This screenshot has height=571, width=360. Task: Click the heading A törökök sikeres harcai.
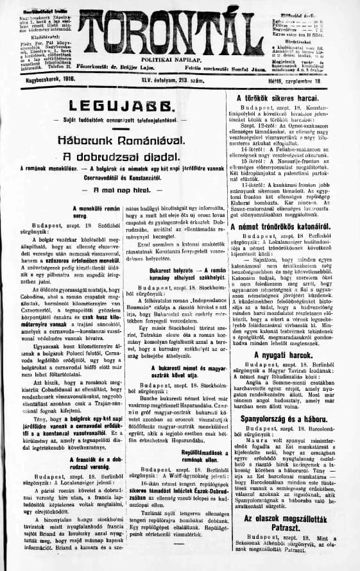click(287, 99)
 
